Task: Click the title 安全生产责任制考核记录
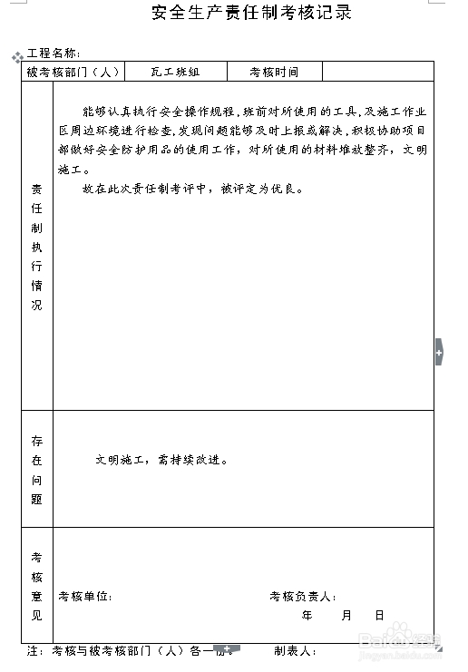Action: point(252,13)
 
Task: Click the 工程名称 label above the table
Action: point(54,54)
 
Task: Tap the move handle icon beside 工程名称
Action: point(16,57)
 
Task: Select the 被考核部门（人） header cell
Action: point(73,72)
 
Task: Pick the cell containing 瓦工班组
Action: point(175,72)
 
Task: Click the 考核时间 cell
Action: point(273,72)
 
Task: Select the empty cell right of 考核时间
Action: point(377,72)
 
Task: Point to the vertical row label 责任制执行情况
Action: point(37,247)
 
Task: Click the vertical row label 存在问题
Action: point(37,470)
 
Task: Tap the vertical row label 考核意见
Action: point(37,586)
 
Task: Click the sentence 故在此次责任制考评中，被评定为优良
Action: point(192,190)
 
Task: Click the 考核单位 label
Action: point(85,597)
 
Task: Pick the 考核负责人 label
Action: point(303,597)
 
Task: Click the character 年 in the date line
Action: point(307,615)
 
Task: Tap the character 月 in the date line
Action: point(346,615)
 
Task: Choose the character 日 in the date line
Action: point(379,615)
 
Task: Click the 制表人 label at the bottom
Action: point(295,651)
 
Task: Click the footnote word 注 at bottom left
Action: point(33,651)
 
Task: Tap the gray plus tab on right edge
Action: point(439,351)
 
